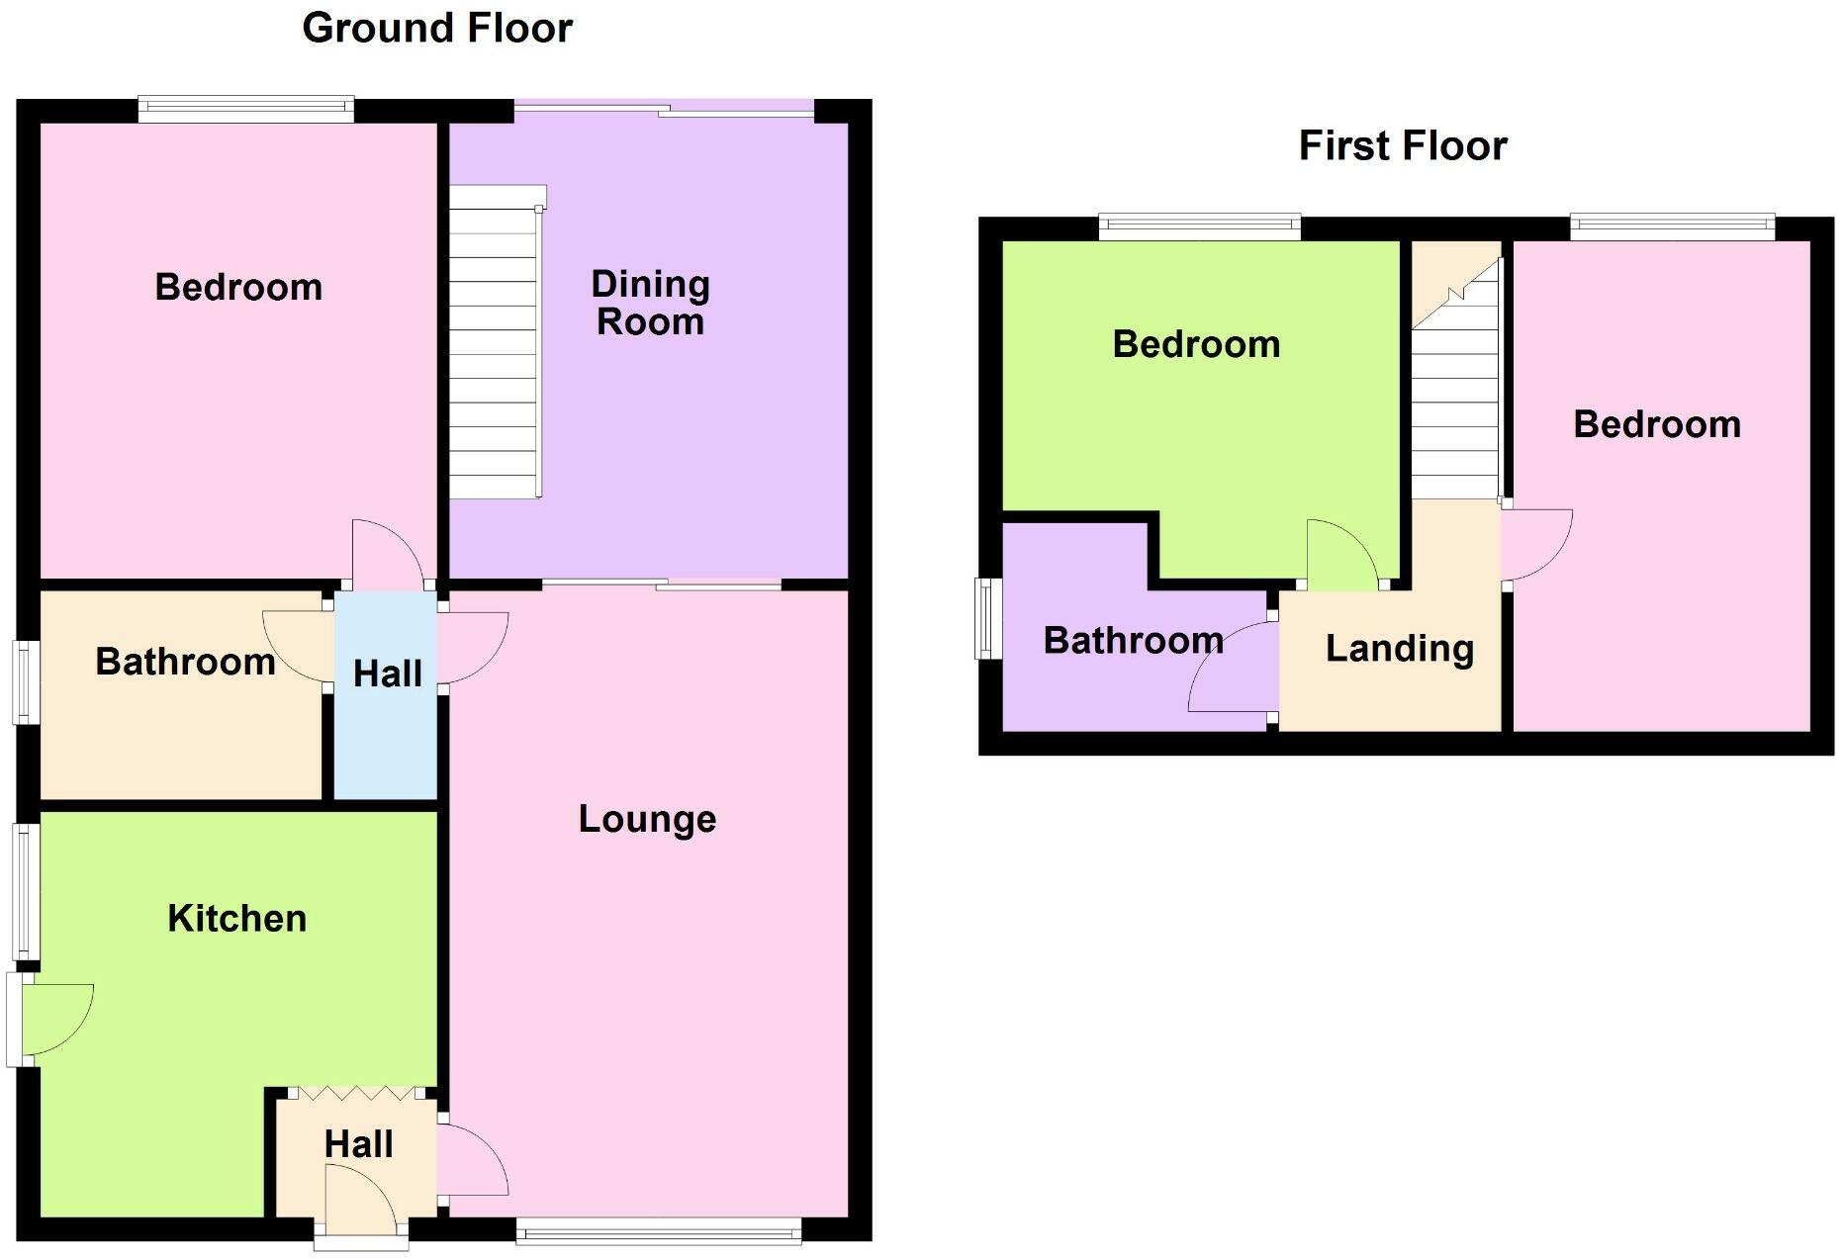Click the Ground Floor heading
point(437,28)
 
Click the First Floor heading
point(1402,145)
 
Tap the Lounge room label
point(647,819)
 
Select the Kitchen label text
point(236,918)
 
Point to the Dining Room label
point(650,303)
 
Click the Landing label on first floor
point(1399,649)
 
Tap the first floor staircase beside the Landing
point(1454,396)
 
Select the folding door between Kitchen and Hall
point(357,1094)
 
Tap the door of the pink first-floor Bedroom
point(1536,544)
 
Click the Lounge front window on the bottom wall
point(659,1231)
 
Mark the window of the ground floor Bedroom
point(245,109)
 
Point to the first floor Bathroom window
point(986,619)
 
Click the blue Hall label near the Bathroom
point(387,674)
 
